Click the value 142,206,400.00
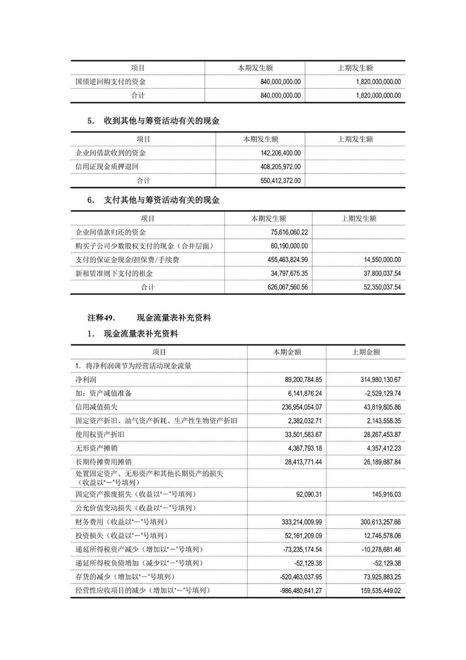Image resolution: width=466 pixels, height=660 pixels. [280, 153]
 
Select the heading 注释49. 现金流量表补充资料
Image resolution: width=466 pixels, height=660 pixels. [149, 318]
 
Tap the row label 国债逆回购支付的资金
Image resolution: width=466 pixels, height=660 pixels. [111, 82]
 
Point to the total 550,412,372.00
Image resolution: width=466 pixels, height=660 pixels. [280, 181]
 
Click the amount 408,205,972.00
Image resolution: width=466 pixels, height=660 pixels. [280, 167]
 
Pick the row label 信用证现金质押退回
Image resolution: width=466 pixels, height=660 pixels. [107, 167]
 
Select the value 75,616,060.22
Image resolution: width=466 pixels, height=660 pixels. [289, 232]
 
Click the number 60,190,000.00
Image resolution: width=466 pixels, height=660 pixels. [289, 246]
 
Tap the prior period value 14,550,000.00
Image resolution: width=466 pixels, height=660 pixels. [382, 259]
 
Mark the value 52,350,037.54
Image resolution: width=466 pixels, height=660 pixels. [382, 287]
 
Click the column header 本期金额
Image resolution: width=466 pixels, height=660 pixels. [287, 352]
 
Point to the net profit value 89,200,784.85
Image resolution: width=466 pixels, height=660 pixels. [303, 380]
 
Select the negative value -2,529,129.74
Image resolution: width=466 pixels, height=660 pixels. [383, 393]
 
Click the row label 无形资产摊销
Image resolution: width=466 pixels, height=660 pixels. [96, 448]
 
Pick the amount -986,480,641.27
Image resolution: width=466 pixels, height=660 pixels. [301, 590]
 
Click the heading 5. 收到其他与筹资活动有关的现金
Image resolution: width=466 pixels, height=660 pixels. [153, 121]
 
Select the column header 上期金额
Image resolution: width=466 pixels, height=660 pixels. [365, 352]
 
